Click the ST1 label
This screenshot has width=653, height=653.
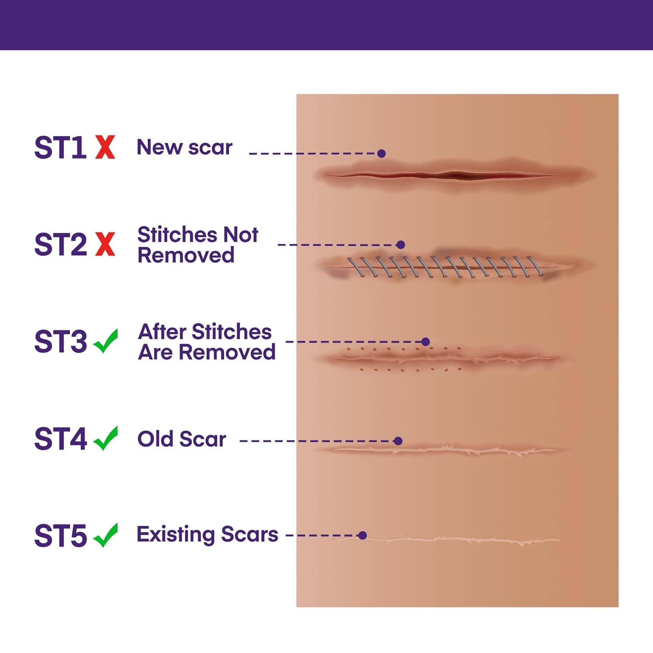[60, 148]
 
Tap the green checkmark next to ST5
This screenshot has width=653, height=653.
[106, 535]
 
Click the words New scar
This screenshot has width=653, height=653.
[185, 147]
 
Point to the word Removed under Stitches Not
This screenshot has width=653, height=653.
[186, 255]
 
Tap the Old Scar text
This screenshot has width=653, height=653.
[182, 439]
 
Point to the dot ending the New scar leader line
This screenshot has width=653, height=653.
[381, 153]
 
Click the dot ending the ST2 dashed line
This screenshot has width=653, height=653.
[401, 245]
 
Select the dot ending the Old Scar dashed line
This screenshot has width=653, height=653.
[397, 441]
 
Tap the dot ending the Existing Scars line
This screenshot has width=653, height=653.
[362, 535]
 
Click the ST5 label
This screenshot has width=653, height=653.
[60, 536]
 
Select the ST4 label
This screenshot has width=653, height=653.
[60, 439]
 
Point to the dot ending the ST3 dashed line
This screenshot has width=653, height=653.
[426, 342]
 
